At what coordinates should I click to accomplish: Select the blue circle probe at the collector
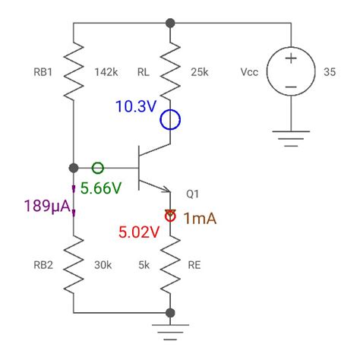tap(171, 119)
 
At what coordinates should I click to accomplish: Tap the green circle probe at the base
tap(98, 168)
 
